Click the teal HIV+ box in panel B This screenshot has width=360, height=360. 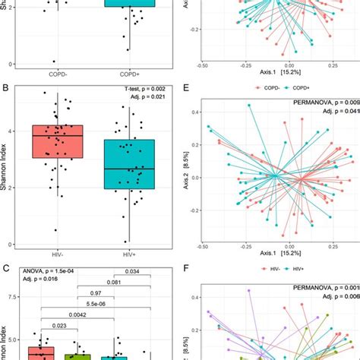[130, 164]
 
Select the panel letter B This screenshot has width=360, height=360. [5, 89]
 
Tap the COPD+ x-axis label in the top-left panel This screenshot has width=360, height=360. [130, 74]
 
